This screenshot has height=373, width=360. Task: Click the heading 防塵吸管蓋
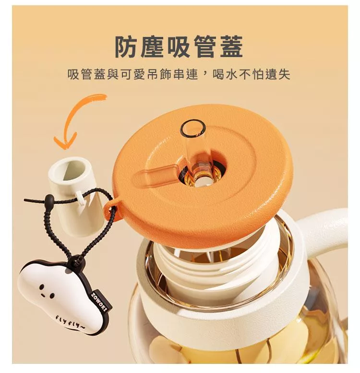click(179, 47)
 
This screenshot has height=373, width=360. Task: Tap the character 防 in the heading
click(127, 47)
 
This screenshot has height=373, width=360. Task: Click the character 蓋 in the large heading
click(231, 47)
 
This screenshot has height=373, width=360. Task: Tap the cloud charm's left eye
click(41, 287)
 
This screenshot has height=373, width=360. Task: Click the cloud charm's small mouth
click(42, 296)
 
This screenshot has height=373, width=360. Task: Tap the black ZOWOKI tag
click(101, 301)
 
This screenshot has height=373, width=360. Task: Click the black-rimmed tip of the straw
click(192, 128)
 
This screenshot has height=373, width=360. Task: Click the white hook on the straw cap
click(81, 198)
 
